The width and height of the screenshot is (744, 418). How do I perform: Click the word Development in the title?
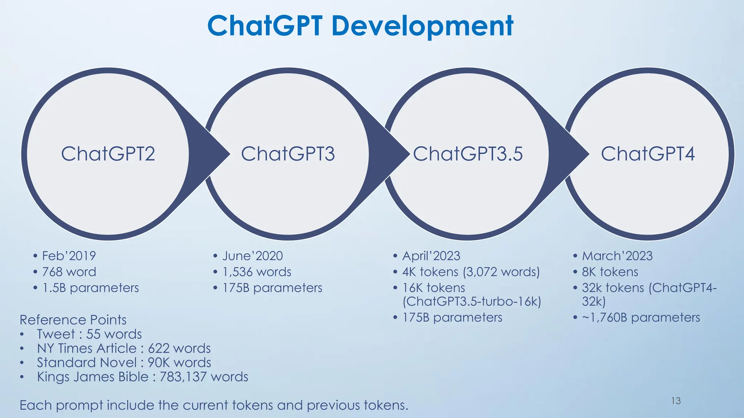click(x=422, y=26)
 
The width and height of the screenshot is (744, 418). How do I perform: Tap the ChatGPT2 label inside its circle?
click(x=108, y=154)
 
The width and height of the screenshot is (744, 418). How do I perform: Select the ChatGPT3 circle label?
click(x=288, y=154)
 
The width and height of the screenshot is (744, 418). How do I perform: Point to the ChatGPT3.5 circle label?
click(x=468, y=154)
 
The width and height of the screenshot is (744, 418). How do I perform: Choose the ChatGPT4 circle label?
click(x=648, y=154)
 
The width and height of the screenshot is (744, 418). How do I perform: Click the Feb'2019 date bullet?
click(x=69, y=256)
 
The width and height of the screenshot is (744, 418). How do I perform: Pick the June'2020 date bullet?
click(x=252, y=256)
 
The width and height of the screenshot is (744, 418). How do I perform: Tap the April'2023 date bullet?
click(x=431, y=256)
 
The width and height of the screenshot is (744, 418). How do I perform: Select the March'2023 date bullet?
click(x=617, y=256)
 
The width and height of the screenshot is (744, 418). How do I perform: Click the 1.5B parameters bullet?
click(x=90, y=288)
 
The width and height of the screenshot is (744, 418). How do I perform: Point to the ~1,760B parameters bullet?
click(x=640, y=317)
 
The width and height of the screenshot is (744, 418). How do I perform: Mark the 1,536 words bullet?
click(x=257, y=272)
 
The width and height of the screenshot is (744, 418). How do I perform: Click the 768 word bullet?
click(x=69, y=272)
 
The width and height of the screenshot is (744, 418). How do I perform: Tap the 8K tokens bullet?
click(x=610, y=272)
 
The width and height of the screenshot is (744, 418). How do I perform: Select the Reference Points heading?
click(x=73, y=320)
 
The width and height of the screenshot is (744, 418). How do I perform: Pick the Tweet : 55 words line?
click(x=89, y=334)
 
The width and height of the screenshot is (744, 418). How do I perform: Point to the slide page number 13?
click(x=676, y=401)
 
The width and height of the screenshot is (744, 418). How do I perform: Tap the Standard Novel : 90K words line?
click(x=124, y=362)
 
